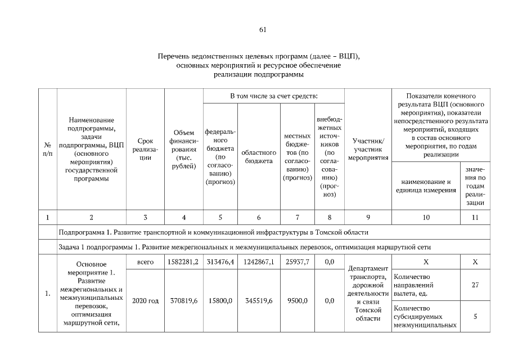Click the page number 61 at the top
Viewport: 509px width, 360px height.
263,30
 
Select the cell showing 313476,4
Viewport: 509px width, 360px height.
220,263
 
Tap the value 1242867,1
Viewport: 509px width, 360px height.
259,263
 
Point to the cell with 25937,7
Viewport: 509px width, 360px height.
298,263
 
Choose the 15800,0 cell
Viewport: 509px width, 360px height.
220,301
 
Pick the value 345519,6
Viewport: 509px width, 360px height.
259,301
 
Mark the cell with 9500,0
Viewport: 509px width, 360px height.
298,301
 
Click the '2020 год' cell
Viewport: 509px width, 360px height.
145,301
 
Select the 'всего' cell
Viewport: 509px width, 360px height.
145,263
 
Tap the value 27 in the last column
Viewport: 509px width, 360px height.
475,285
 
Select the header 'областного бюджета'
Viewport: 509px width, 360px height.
259,157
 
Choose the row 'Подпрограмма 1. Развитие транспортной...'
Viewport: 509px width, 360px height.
214,232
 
